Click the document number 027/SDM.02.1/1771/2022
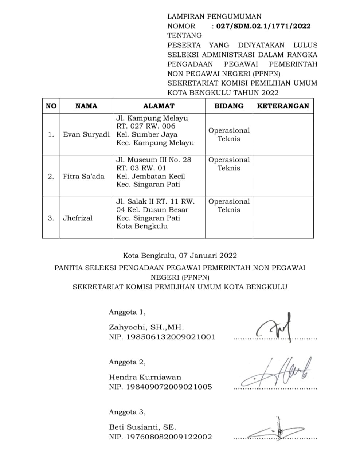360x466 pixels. click(263, 26)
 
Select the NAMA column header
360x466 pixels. click(86, 106)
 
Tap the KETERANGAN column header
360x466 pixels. click(283, 106)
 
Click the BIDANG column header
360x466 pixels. click(229, 106)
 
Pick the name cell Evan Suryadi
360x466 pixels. click(86, 134)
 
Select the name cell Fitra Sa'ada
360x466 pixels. click(84, 176)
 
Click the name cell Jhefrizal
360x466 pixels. click(78, 218)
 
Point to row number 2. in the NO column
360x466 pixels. click(51, 176)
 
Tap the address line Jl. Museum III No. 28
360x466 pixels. click(154, 160)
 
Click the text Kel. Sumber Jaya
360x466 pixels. click(147, 134)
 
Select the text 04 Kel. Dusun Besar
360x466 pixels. click(152, 210)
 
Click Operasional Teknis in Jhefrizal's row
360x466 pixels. click(229, 205)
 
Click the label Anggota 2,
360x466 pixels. click(127, 362)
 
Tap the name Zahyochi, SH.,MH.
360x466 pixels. click(146, 327)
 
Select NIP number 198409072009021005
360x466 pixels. click(169, 387)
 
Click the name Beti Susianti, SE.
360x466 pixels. click(142, 427)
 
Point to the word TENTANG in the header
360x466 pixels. click(184, 35)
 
